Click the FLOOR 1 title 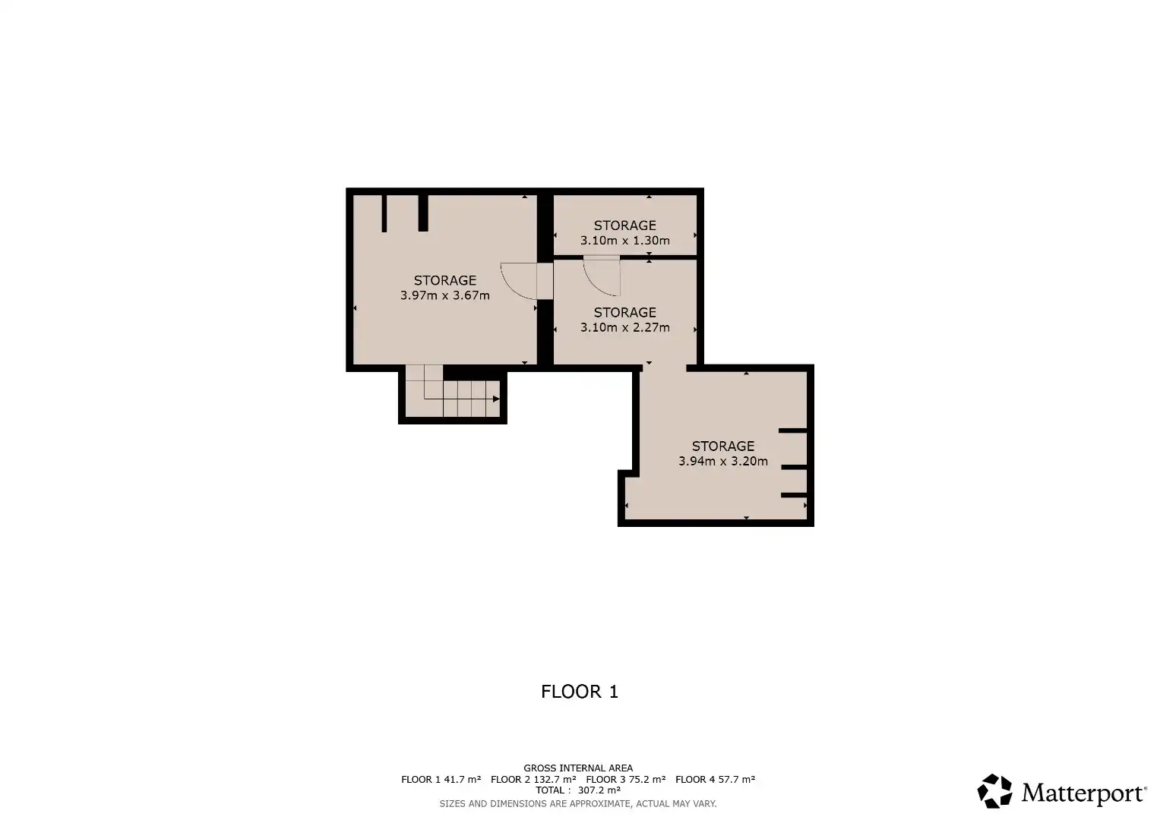(580, 692)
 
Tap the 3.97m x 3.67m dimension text (445, 295)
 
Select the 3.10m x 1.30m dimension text (625, 241)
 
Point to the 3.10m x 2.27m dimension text (625, 328)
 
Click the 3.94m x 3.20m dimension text (723, 462)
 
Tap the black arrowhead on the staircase (496, 399)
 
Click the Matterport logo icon (995, 791)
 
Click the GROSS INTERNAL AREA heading (578, 768)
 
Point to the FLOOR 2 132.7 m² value (533, 779)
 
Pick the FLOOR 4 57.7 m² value (715, 779)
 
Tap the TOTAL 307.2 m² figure (578, 790)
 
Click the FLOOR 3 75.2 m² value (625, 779)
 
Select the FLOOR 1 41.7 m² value (441, 779)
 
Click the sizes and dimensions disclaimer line (578, 803)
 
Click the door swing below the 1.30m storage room (596, 284)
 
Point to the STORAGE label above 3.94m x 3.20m (723, 446)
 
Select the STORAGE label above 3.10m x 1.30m (625, 225)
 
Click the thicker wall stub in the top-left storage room (423, 213)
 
